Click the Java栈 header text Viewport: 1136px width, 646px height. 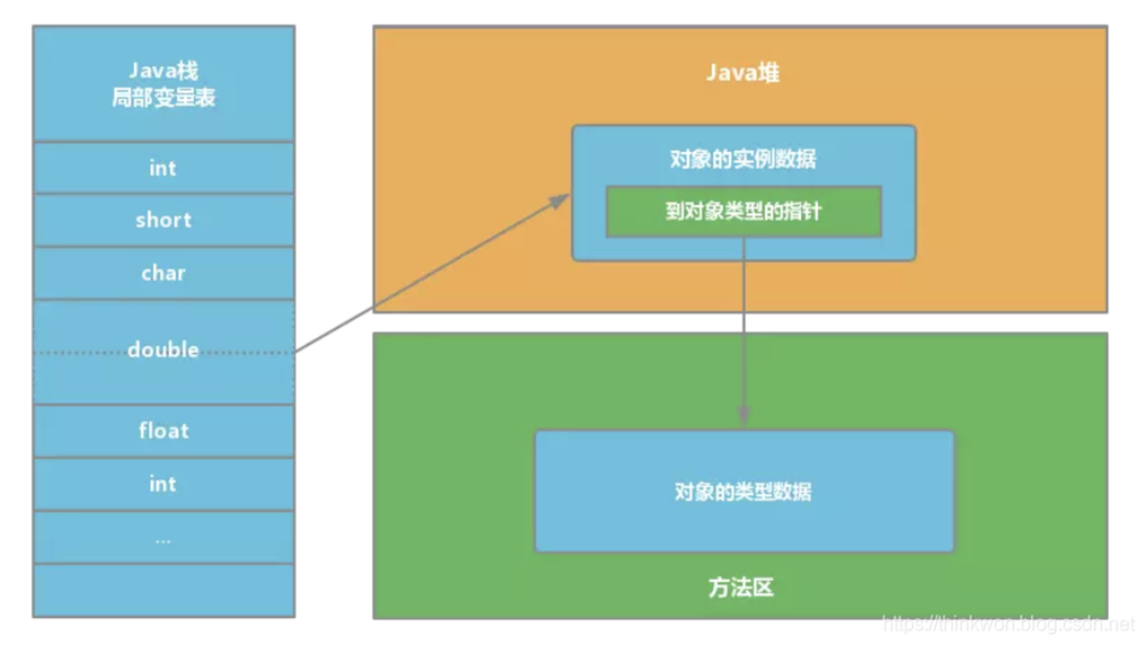coord(163,71)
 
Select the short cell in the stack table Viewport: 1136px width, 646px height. coord(163,220)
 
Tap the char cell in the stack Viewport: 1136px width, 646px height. coord(163,273)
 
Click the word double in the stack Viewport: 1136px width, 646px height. coord(163,350)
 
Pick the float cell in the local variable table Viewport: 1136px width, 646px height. coord(163,431)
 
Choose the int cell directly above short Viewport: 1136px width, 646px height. coord(163,168)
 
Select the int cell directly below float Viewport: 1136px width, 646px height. coord(163,484)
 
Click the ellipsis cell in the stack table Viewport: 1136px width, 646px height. coord(163,538)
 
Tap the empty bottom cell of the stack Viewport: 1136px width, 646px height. coord(163,591)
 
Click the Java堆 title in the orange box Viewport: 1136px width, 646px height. coord(743,73)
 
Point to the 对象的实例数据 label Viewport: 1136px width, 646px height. coord(743,159)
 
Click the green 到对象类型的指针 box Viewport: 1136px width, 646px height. coord(743,212)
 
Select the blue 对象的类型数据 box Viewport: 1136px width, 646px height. coord(744,491)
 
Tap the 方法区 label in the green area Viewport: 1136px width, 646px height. coord(741,587)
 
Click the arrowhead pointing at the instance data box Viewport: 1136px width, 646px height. coord(560,200)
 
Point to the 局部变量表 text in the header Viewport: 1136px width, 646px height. coord(163,98)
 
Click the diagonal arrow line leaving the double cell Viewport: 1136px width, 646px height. coord(422,280)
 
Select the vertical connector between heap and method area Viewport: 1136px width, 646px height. coord(744,322)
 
